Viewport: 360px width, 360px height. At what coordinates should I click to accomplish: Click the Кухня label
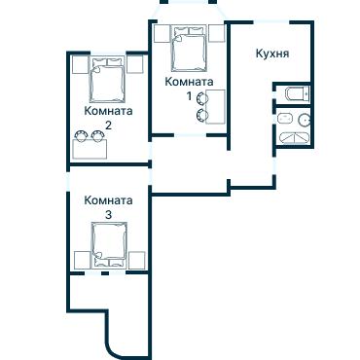[271, 54]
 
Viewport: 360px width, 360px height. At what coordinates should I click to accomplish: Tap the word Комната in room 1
[189, 83]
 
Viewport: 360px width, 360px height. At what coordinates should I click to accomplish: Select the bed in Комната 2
[108, 81]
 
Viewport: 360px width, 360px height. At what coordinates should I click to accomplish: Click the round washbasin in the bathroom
[304, 121]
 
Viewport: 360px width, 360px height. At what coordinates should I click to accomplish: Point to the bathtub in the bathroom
[291, 139]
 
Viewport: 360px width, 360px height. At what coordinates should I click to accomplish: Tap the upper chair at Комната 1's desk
[202, 99]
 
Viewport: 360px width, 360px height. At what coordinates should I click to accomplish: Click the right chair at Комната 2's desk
[100, 136]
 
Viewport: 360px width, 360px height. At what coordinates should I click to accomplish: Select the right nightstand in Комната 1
[216, 35]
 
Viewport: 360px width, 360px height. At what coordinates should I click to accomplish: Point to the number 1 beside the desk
[189, 96]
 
